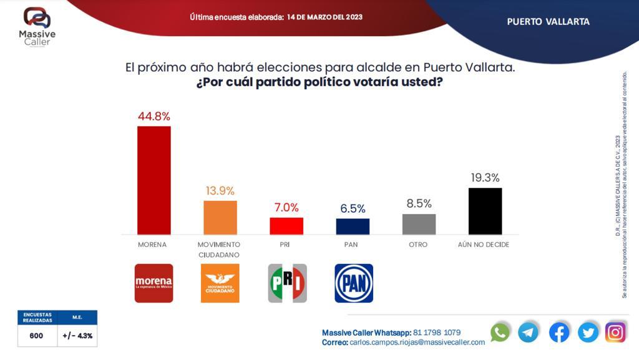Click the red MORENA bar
coord(154,180)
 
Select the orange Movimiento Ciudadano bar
coord(220,217)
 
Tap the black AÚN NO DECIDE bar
coord(485,211)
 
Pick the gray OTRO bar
coord(419,224)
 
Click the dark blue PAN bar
coord(353,226)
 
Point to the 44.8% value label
coord(154,116)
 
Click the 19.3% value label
coord(485,178)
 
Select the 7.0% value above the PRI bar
coord(286,208)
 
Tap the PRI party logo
coord(287,283)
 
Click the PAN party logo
coord(354,283)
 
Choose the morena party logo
coord(154,283)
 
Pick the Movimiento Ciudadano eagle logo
coord(220,283)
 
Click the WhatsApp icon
coord(500,332)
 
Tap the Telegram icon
coord(528,332)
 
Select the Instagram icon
coord(615,332)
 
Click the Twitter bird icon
coord(588,332)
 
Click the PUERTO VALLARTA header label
coord(548,21)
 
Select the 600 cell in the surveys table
coord(37,336)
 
